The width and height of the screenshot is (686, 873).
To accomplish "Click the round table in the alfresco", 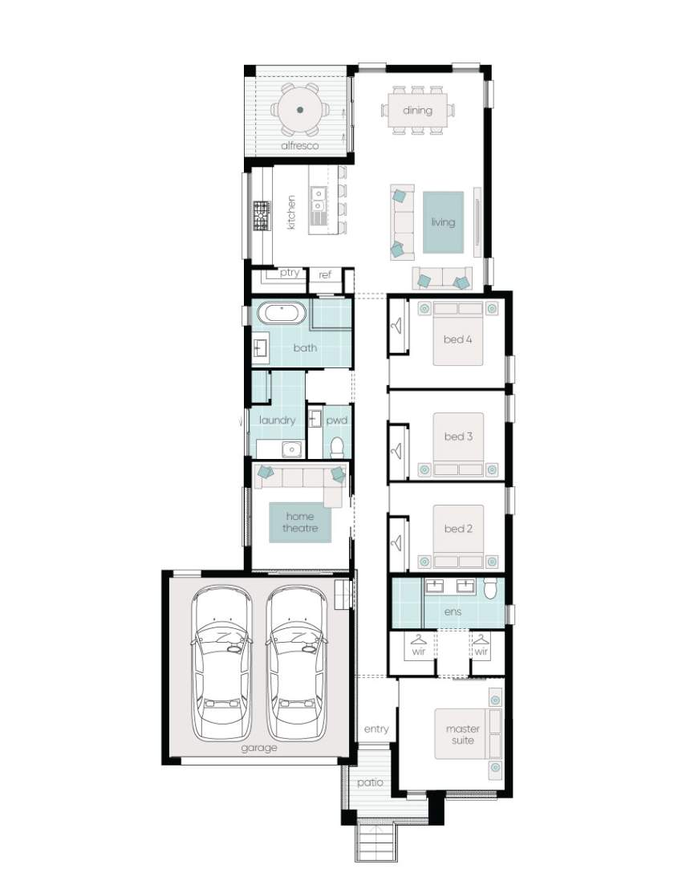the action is (299, 110).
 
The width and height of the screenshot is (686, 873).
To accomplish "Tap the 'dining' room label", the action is (417, 110).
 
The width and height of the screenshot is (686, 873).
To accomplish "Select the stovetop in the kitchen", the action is (262, 216).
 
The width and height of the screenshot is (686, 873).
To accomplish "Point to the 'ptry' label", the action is (290, 273).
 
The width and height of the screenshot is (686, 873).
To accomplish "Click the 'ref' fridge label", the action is (325, 274).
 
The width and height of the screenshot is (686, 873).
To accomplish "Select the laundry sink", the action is (291, 449).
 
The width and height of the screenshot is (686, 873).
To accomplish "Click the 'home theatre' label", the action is (300, 522).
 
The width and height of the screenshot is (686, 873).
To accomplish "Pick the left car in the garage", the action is (221, 663).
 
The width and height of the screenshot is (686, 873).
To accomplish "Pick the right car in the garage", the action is (297, 663).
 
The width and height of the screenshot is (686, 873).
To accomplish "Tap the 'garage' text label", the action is (259, 749).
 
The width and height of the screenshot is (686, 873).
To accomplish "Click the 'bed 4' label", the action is (457, 339).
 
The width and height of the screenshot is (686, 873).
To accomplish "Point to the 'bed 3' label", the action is (458, 436).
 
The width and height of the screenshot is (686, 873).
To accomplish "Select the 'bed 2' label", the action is (458, 529).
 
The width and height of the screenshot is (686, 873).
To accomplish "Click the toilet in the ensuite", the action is (490, 588).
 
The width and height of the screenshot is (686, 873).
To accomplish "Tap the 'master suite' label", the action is (463, 734).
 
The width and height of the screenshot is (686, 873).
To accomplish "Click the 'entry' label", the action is (376, 729).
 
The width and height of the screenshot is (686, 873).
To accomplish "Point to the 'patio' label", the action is (371, 783).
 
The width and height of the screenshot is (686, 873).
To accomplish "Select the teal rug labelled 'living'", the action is (443, 222).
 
